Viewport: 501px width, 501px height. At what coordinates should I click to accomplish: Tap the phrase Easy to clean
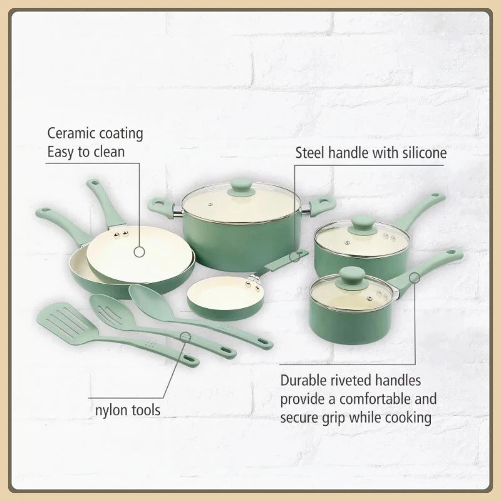pyautogui.click(x=86, y=151)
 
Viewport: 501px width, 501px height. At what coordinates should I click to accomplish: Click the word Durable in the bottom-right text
pyautogui.click(x=306, y=381)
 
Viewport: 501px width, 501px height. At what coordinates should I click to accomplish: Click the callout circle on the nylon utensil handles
pyautogui.click(x=185, y=337)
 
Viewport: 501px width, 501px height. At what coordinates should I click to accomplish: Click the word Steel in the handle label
pyautogui.click(x=309, y=152)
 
